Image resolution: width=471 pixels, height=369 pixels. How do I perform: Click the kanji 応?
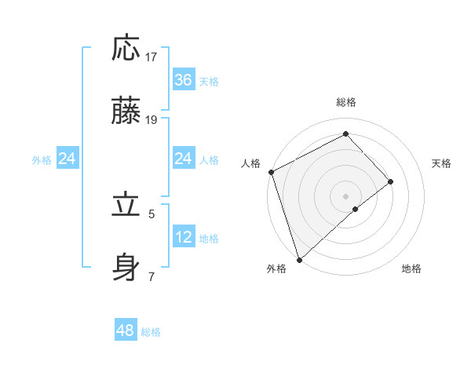coord(126,49)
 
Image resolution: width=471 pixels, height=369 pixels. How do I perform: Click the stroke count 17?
coord(152,57)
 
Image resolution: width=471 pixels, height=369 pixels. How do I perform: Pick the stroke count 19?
coord(152,119)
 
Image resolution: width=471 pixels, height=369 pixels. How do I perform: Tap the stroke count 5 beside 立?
coord(152,213)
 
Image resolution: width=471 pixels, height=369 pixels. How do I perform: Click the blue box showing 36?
coord(183,80)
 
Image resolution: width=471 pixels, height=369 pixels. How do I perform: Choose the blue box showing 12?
coord(183,236)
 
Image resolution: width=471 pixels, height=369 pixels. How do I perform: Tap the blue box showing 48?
coord(126,331)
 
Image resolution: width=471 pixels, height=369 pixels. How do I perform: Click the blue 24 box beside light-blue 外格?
coord(68,159)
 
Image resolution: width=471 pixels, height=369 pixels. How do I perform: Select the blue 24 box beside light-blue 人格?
coord(183,159)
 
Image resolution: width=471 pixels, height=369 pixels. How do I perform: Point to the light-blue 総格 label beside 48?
coord(151,332)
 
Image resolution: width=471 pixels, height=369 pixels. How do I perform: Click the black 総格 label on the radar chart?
coord(346,102)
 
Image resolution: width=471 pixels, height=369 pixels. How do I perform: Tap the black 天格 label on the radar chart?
coord(442,163)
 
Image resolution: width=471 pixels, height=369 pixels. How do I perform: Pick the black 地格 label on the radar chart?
coord(411,269)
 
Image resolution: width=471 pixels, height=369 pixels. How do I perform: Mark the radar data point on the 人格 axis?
coord(271,171)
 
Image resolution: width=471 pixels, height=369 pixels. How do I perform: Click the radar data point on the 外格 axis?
coord(299,258)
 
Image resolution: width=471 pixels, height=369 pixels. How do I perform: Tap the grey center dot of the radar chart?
coord(345,195)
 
